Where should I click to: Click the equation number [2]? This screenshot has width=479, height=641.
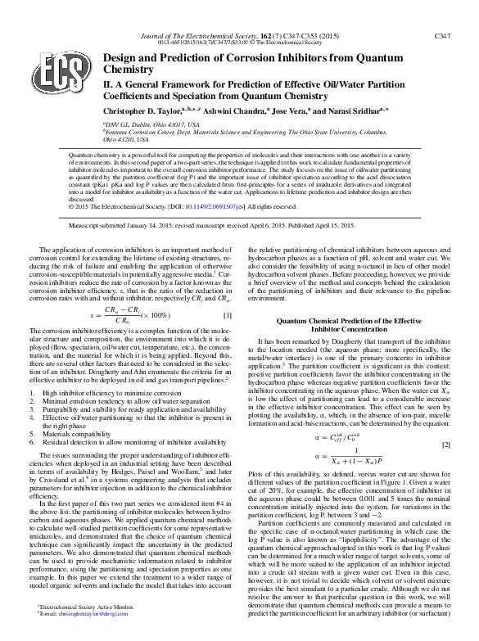click(x=446, y=444)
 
